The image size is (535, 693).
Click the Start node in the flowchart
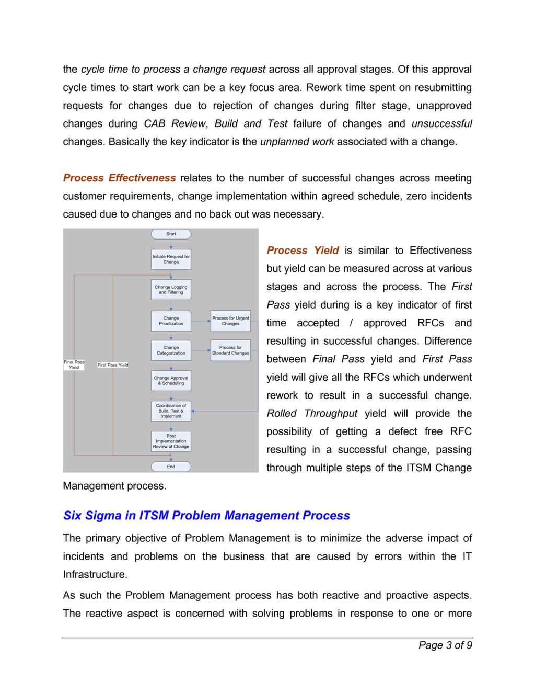pos(171,234)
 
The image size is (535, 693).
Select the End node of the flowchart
pos(171,467)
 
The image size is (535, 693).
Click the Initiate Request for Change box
pos(171,259)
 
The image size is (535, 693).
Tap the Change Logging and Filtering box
pos(171,290)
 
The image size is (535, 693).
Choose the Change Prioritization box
pos(171,321)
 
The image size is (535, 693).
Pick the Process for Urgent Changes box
pos(230,321)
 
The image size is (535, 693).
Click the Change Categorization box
pos(171,350)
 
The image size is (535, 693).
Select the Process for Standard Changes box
pos(230,350)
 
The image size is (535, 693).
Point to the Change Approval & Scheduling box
pos(171,381)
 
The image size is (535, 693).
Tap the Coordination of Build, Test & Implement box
pos(171,411)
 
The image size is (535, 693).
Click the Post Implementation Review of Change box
pos(171,441)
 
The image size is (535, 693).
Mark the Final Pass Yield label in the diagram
pos(74,365)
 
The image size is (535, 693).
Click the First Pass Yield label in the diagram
pos(112,365)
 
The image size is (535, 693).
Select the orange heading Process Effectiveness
pos(119,178)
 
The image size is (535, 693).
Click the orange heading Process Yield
pos(303,251)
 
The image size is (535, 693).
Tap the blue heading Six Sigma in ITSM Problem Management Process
pos(206,516)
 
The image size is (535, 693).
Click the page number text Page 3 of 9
pos(445,645)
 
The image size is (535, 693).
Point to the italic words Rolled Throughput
pos(312,414)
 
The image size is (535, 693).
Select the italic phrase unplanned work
pos(297,142)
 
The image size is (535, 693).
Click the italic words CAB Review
pos(175,124)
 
